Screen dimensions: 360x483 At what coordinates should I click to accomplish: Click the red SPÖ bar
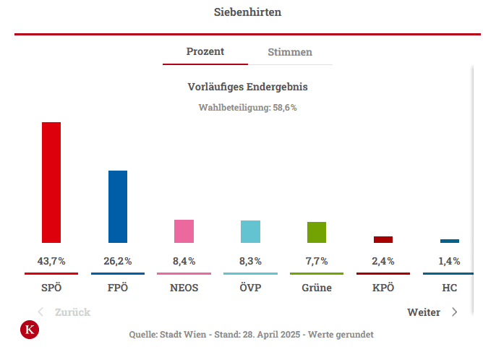[51, 182]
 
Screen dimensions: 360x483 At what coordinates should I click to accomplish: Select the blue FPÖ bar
[118, 207]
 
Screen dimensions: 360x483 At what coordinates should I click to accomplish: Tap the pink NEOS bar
[184, 231]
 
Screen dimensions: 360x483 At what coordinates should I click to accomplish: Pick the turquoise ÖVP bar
[250, 231]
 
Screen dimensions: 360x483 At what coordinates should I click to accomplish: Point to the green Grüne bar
[317, 232]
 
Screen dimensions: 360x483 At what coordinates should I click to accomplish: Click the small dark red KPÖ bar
[383, 239]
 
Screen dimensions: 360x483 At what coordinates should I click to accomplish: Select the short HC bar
[450, 241]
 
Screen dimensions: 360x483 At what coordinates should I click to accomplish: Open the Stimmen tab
[290, 52]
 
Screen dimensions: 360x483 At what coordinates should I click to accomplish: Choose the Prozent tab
[205, 51]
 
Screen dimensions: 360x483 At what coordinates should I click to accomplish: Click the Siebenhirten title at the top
[248, 12]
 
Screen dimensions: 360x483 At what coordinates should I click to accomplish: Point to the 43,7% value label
[51, 261]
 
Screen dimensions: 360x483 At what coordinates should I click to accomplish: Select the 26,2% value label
[118, 261]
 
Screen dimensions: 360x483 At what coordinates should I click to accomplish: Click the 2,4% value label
[383, 261]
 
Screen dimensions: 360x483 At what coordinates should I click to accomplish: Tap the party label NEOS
[184, 288]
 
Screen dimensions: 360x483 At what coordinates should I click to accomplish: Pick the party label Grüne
[317, 288]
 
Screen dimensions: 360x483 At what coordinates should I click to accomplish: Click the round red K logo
[30, 330]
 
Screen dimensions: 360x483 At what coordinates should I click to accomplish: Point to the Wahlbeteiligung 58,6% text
[248, 107]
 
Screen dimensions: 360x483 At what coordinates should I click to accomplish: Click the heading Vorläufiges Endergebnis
[248, 87]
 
